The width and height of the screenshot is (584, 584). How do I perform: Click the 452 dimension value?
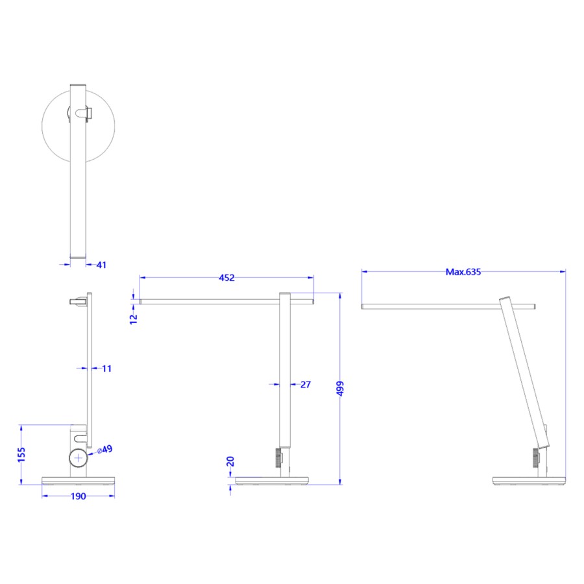coord(226,278)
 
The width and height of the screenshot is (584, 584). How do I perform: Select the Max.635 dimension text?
coord(463,272)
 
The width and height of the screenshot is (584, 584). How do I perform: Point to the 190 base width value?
coord(78,496)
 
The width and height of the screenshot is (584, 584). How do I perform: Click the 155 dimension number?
coord(21,454)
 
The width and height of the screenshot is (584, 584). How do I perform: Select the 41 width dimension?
coord(101,265)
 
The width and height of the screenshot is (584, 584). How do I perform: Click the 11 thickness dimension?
coord(107,369)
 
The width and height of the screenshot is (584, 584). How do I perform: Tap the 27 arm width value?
coord(306,385)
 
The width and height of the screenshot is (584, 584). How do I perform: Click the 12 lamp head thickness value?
coord(134,317)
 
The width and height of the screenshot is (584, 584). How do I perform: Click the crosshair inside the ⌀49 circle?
coord(79,457)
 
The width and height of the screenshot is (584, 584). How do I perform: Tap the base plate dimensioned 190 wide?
coord(78,481)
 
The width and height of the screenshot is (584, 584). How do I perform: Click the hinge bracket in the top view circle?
coord(82,114)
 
